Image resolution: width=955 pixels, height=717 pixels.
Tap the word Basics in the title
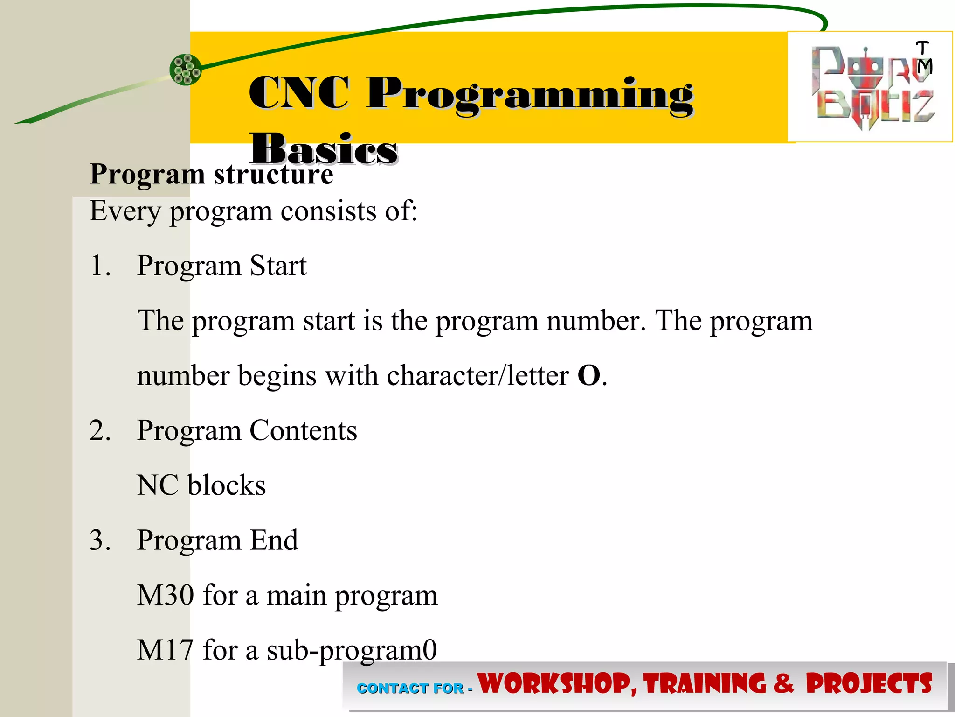pos(323,149)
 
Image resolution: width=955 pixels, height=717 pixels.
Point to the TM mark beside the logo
pos(923,57)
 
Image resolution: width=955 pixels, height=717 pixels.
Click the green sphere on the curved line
pos(186,70)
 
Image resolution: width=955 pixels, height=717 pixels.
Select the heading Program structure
pos(211,174)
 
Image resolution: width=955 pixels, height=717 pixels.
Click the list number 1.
pos(100,266)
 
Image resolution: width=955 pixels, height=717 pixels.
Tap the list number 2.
pos(100,430)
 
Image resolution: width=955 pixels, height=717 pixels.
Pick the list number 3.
pos(100,540)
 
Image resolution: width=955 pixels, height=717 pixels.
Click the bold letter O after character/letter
pos(588,375)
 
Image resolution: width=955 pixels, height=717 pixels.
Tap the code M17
pos(165,650)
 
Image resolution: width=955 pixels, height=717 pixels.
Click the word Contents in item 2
pos(303,430)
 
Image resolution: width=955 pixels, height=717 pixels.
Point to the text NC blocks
pos(201,485)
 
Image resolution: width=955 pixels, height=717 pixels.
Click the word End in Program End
pos(274,540)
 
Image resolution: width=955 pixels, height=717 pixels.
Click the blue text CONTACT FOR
pos(410,688)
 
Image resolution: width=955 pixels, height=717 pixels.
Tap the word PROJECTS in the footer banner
pos(868,684)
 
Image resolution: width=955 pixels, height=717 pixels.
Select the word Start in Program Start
pos(278,266)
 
